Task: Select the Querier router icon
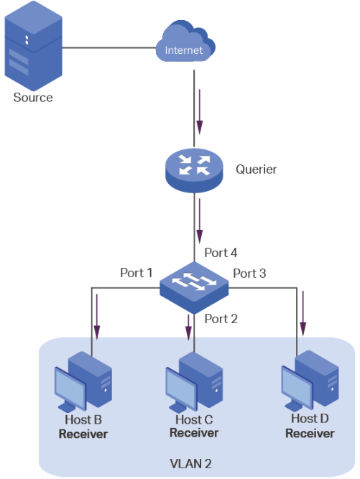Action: (x=194, y=170)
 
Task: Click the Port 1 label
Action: (x=137, y=273)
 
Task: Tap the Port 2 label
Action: (x=221, y=319)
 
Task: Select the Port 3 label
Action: (x=249, y=274)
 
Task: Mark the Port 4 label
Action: (x=221, y=253)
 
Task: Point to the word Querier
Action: (x=256, y=170)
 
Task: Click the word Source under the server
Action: (x=33, y=98)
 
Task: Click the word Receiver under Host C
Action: (x=193, y=433)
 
